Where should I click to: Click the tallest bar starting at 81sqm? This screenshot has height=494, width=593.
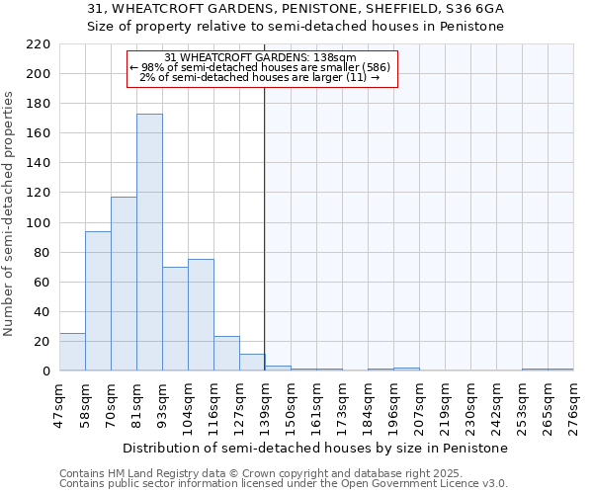click(149, 242)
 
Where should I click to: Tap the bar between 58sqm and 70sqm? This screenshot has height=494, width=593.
click(98, 301)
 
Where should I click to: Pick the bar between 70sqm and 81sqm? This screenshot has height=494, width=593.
click(124, 284)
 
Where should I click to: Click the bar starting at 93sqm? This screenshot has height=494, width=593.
click(175, 319)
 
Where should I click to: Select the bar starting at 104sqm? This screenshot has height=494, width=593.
click(201, 315)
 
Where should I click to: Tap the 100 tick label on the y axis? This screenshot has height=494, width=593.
click(39, 222)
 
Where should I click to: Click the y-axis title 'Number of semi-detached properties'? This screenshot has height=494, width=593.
click(9, 213)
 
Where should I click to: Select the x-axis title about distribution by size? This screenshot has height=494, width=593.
click(316, 448)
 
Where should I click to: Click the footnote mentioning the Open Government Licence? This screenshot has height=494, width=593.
click(284, 483)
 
